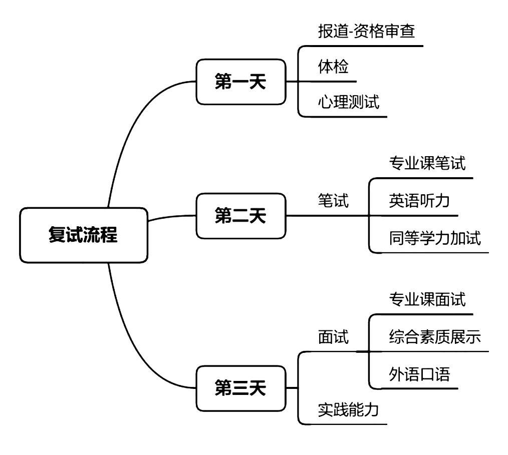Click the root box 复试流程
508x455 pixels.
coord(84,235)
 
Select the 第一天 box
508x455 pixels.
coord(240,82)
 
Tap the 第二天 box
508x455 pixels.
coord(240,216)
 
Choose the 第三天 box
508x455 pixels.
coord(240,388)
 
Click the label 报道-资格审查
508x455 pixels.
coord(367,32)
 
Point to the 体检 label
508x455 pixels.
coord(333,67)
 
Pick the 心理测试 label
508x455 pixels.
coord(349,102)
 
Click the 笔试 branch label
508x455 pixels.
coord(333,201)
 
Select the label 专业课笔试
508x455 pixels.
coord(427,163)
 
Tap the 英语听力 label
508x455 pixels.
coord(419,201)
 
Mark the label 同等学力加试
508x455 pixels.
coord(435,238)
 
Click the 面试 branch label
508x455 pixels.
coord(333,337)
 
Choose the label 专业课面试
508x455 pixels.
coord(427,299)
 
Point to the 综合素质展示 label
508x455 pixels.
coord(435,337)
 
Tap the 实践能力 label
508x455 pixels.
coord(349,410)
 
